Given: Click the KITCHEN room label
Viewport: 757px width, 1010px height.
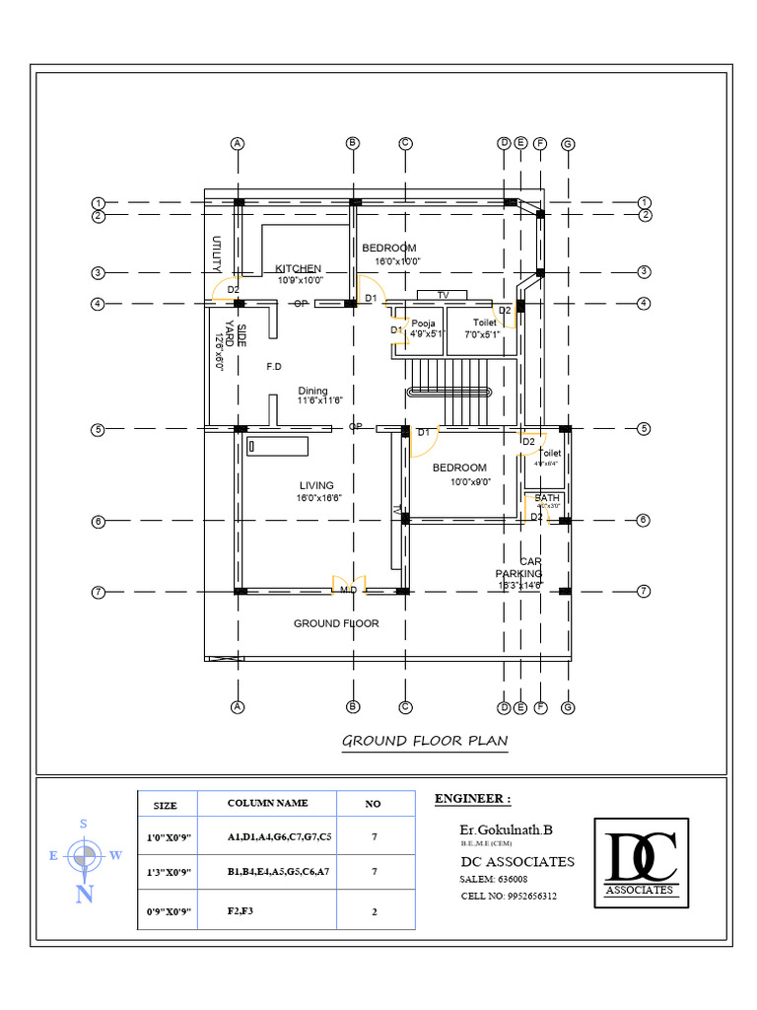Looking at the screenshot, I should [x=298, y=268].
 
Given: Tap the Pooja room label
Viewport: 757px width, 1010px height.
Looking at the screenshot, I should [x=424, y=323].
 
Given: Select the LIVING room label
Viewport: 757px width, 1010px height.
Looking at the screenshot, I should [x=316, y=485].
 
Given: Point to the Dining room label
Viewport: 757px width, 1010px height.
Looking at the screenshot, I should [x=313, y=391].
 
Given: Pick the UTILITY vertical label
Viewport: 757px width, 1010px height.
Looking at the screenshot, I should [x=216, y=254].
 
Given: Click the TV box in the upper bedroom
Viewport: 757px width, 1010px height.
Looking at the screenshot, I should [x=444, y=295].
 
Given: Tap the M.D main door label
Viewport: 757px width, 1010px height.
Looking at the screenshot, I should [x=349, y=590].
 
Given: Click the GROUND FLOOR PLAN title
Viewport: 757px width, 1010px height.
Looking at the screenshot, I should [x=425, y=741].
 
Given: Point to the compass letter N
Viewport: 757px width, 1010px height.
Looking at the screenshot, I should [x=86, y=895].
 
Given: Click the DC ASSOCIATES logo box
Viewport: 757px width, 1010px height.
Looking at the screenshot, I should [x=641, y=862].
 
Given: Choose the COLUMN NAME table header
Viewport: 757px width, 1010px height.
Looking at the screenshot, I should [x=267, y=804].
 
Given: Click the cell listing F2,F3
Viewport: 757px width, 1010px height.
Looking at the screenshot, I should [x=241, y=911].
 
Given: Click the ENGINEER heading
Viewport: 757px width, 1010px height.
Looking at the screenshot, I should [x=473, y=798].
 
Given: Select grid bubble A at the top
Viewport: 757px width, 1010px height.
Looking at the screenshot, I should [x=238, y=143].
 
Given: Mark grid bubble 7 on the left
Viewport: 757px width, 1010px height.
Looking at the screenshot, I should [x=98, y=592].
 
